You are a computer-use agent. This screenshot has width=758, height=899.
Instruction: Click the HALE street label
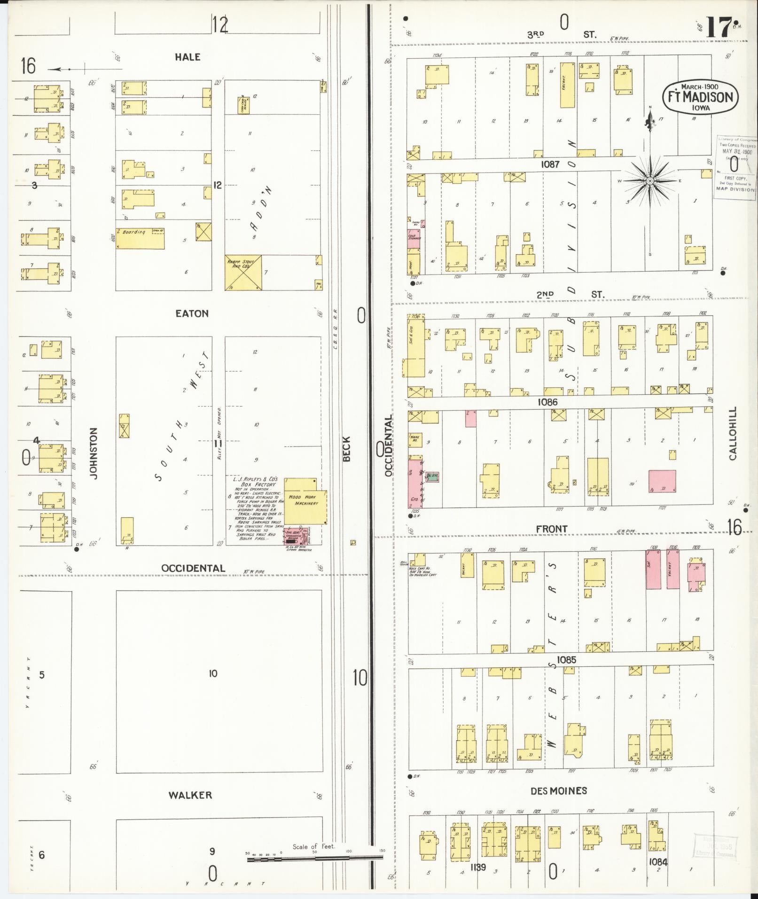[188, 57]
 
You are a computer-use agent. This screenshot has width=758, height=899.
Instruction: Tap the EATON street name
[192, 313]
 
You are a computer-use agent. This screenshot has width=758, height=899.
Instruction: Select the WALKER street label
[190, 795]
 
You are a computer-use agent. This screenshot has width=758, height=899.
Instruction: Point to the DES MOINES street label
[558, 791]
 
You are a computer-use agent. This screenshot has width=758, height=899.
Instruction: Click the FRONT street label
[552, 529]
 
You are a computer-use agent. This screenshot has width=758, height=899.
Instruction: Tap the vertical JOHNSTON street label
[94, 453]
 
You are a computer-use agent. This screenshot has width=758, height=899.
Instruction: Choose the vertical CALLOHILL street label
[733, 433]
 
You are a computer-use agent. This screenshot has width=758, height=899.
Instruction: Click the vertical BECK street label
[347, 449]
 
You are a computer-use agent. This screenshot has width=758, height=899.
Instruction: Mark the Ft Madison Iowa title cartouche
[700, 97]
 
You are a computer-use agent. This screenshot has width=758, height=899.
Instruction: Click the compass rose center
[650, 181]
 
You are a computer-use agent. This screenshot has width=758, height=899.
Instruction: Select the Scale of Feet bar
[315, 859]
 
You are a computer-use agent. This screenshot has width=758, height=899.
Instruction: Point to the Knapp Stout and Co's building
[243, 273]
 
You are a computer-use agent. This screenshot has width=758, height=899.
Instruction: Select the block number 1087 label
[550, 164]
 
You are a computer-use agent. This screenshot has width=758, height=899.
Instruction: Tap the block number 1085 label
[566, 660]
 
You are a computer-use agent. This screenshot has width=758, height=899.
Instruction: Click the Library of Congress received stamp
[736, 164]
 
